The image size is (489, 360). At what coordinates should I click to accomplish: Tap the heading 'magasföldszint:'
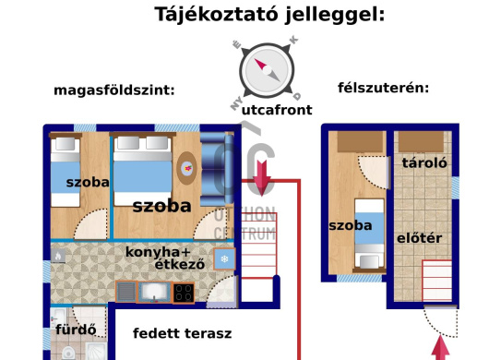tap(114, 90)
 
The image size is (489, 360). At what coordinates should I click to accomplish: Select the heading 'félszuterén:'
tap(384, 89)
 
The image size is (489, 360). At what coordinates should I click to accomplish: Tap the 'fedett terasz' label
tap(182, 333)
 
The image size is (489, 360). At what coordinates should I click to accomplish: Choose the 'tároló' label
tap(424, 162)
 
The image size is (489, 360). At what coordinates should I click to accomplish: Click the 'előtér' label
tap(420, 238)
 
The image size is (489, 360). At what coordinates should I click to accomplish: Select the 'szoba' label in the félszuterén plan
tap(351, 225)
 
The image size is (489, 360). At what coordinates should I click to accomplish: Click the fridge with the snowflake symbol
tap(224, 259)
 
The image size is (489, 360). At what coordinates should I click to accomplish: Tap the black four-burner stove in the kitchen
tap(184, 293)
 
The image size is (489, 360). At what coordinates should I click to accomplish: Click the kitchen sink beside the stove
tap(153, 293)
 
